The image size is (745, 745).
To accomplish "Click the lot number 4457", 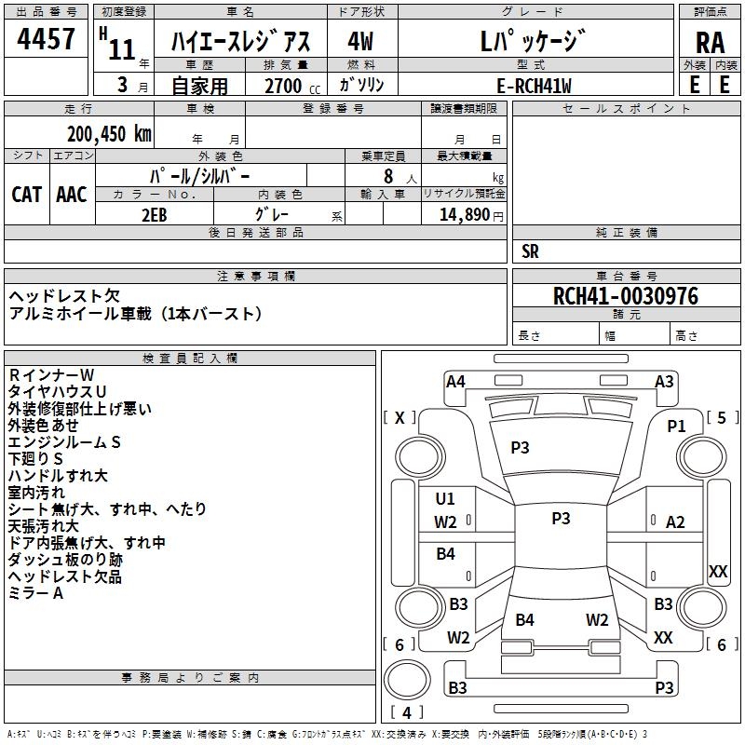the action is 46,39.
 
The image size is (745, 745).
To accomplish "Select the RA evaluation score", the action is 711,43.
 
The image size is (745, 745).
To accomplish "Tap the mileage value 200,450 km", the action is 109,134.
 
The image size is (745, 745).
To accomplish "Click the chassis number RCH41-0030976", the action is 626,296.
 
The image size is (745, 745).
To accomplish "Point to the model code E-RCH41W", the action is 534,86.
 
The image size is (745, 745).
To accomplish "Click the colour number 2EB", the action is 155,215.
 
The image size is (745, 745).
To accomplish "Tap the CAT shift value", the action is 27,195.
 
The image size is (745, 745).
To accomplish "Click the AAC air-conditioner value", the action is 72,195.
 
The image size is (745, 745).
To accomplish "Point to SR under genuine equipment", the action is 530,251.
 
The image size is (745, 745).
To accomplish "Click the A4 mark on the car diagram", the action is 455,382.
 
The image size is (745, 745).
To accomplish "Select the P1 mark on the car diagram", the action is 676,427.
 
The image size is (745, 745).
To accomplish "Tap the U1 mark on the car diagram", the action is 445,498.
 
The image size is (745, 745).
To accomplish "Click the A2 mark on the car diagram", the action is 675,522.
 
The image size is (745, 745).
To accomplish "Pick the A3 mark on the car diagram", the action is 664,382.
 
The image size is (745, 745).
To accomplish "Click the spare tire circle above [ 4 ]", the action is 407,680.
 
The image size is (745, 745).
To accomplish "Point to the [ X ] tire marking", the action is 400,417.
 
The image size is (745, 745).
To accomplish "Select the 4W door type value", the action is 360,41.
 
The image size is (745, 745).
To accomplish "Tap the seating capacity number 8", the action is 388,176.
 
